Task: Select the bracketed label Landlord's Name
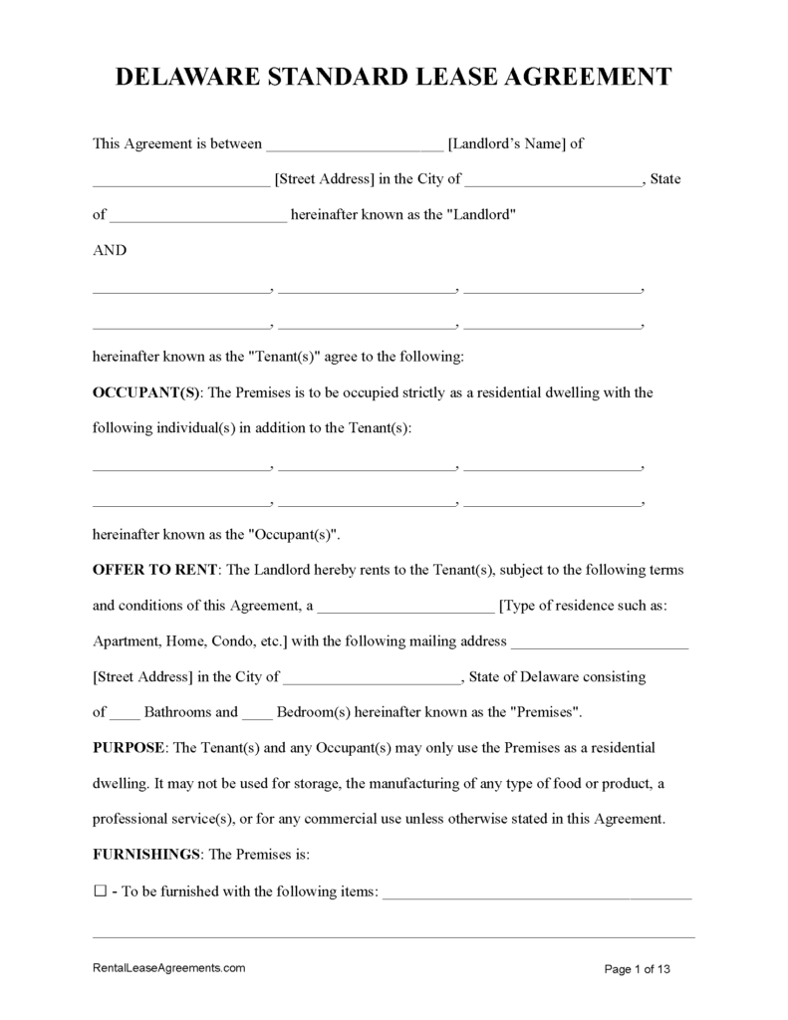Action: click(508, 143)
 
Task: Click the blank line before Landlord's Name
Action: click(356, 145)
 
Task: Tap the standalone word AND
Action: click(110, 250)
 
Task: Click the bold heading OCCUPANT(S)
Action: click(146, 392)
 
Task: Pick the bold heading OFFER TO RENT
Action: click(155, 570)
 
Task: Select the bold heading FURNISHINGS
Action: click(147, 855)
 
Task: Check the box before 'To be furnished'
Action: click(100, 892)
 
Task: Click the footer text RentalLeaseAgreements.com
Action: click(168, 967)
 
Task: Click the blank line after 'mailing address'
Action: click(600, 644)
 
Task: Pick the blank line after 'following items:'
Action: click(537, 894)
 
